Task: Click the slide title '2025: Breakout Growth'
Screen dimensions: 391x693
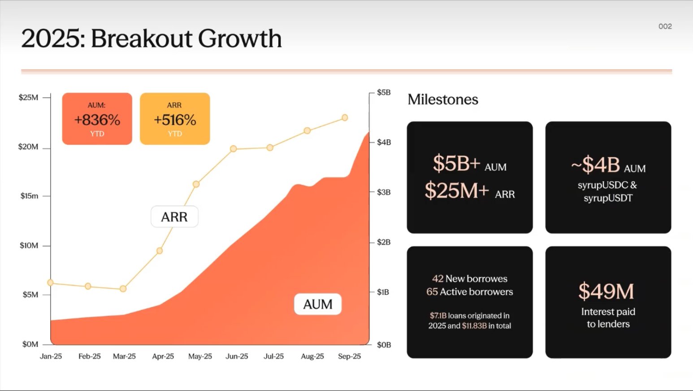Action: (152, 39)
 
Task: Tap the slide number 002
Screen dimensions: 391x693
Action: (665, 26)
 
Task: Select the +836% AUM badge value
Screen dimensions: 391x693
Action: (97, 120)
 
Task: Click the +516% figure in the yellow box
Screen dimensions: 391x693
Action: (175, 120)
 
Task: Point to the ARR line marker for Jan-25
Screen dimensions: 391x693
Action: (51, 282)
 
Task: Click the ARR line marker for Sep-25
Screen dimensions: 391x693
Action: (345, 117)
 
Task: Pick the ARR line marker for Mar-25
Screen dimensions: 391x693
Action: (123, 289)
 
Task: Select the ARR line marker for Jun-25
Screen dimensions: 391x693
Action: (234, 148)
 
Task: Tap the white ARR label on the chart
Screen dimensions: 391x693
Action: (174, 217)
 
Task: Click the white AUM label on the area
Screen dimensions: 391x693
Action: (318, 304)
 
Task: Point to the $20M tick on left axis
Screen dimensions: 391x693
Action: (28, 147)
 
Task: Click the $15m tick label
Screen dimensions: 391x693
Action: (29, 196)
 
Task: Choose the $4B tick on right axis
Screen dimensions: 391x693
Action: (384, 143)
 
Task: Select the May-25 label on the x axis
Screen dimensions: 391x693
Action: (200, 356)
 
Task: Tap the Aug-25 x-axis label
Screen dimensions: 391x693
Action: (312, 356)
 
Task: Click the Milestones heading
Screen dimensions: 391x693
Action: (443, 100)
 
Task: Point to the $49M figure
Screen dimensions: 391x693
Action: (606, 292)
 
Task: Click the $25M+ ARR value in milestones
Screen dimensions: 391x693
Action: (457, 191)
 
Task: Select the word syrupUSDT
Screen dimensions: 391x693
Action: (608, 198)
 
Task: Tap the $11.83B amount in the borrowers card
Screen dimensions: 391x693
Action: (474, 326)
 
